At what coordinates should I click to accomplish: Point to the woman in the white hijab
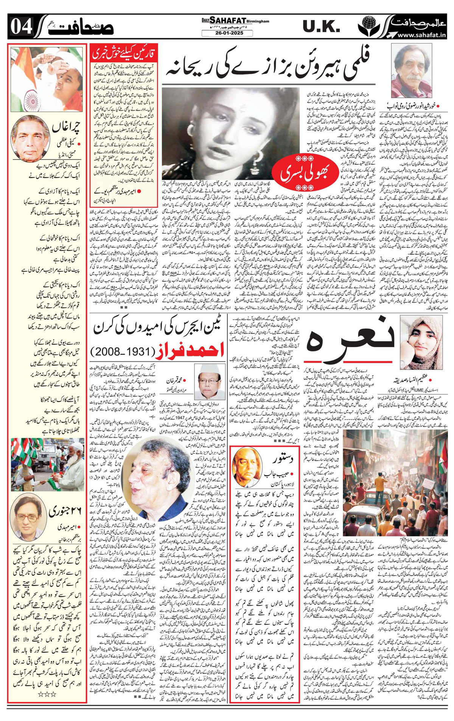(x=420, y=336)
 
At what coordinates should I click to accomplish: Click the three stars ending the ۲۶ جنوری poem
(x=47, y=684)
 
